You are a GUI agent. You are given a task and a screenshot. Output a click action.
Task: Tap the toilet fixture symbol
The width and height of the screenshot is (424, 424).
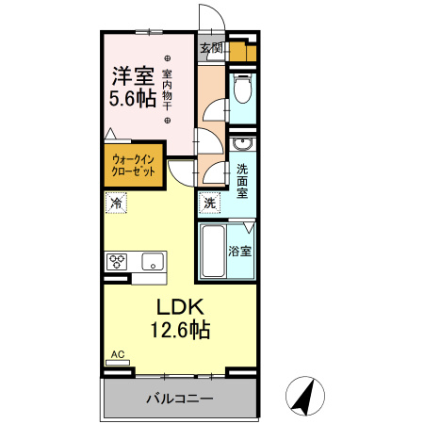[241, 90]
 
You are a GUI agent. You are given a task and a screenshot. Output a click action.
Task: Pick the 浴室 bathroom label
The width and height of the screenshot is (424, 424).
[240, 252]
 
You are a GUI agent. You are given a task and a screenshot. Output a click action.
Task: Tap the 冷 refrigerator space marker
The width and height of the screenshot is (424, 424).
[116, 203]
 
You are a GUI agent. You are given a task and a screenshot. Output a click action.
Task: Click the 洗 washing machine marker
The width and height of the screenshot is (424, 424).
[209, 203]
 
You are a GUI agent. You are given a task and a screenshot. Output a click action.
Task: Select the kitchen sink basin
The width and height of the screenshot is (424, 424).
[152, 261]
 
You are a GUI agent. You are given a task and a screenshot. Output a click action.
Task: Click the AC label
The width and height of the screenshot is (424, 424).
[118, 354]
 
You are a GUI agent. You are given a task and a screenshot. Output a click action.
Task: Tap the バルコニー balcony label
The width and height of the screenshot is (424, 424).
[179, 398]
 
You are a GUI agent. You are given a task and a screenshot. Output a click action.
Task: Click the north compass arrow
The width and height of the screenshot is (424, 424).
[302, 395]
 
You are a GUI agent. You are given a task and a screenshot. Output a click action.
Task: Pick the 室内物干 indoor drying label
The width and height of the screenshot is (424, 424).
[168, 90]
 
